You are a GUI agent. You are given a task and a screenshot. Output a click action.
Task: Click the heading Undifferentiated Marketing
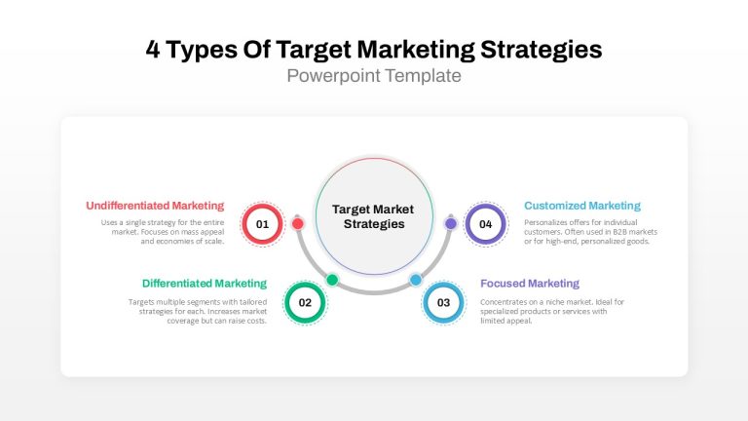pyautogui.click(x=155, y=206)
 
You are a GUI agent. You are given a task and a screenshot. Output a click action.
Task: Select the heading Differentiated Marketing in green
pyautogui.click(x=205, y=284)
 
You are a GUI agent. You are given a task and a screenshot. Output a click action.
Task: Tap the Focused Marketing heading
pyautogui.click(x=530, y=284)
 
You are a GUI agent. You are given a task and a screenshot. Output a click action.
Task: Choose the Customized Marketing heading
pyautogui.click(x=582, y=206)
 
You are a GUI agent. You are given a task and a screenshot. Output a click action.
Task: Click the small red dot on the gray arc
pyautogui.click(x=298, y=223)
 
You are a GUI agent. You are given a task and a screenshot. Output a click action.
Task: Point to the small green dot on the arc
pyautogui.click(x=332, y=280)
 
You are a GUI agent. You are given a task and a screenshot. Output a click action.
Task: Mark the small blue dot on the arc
pyautogui.click(x=416, y=280)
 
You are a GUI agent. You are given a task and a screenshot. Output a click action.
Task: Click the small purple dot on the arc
pyautogui.click(x=450, y=223)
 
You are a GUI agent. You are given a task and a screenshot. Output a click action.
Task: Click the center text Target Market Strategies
pyautogui.click(x=374, y=216)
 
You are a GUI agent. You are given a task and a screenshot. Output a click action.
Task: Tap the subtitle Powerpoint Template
pyautogui.click(x=374, y=76)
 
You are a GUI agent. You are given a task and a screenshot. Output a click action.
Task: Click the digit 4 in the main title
pyautogui.click(x=153, y=49)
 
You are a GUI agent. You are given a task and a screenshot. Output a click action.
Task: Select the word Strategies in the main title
pyautogui.click(x=541, y=50)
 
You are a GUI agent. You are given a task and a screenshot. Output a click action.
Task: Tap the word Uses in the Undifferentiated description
pyautogui.click(x=108, y=222)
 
